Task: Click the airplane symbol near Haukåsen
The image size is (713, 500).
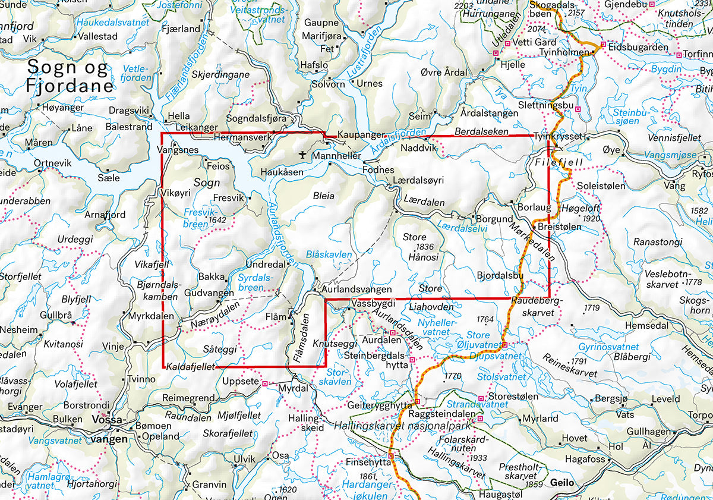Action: [x=304, y=155]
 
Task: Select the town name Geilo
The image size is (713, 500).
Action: [x=562, y=482]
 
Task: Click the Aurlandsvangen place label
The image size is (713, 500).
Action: [x=356, y=290]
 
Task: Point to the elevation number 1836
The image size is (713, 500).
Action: [x=426, y=247]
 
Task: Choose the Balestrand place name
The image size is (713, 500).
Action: [x=129, y=127]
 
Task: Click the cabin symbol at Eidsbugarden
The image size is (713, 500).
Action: [x=602, y=45]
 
